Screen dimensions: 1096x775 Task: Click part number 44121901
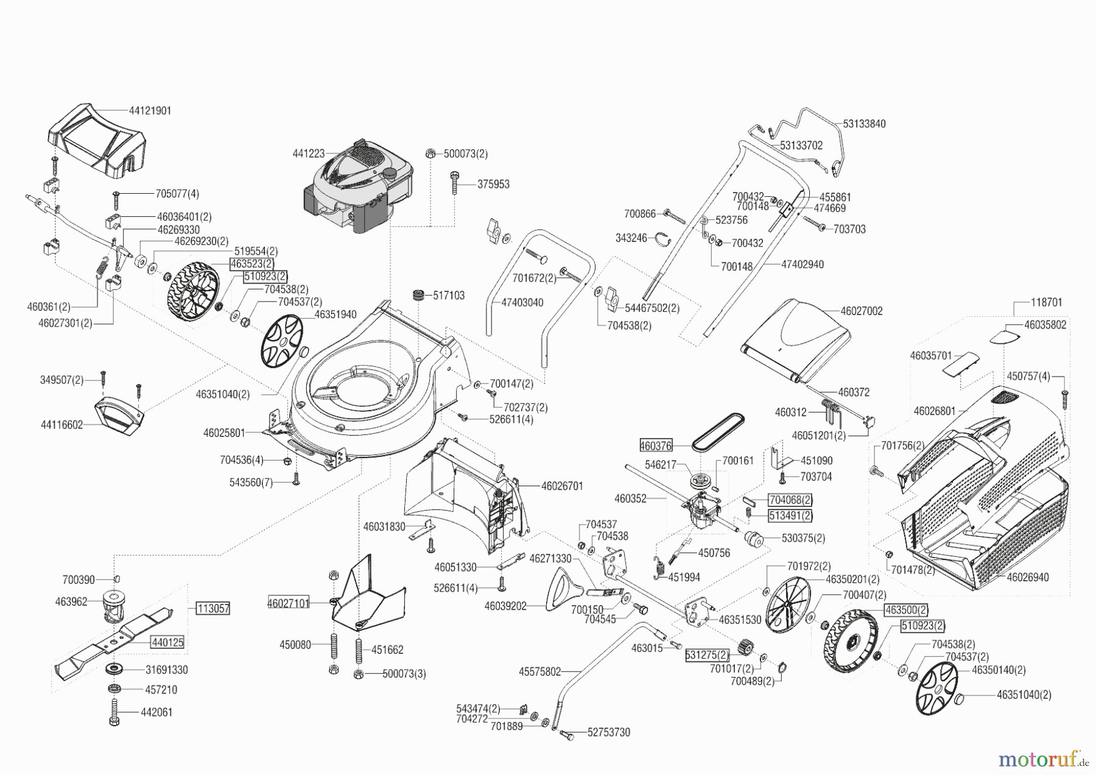click(150, 111)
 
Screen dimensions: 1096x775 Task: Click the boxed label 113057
click(213, 608)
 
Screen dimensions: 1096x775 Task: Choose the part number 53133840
click(865, 124)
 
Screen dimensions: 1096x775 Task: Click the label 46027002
click(862, 311)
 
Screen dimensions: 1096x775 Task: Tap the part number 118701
click(1047, 302)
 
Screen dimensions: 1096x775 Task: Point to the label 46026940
click(1028, 578)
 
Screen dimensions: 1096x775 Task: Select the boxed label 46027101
click(289, 603)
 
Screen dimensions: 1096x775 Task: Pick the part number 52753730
click(608, 732)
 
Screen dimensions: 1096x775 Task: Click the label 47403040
click(522, 303)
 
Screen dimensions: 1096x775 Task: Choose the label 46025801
click(224, 433)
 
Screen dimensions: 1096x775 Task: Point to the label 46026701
click(562, 486)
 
